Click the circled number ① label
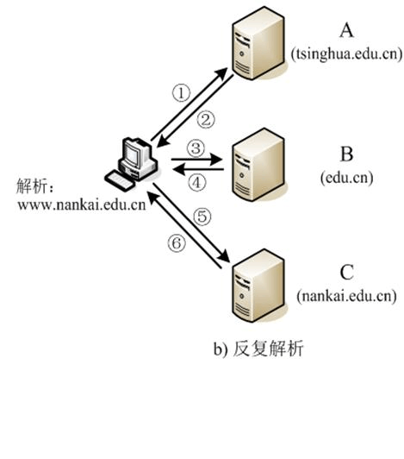coord(181,93)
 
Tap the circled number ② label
coord(206,120)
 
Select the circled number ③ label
coord(196,148)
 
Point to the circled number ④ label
coord(196,183)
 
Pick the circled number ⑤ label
coord(202,217)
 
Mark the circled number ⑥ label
coord(177,243)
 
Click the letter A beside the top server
coord(346,30)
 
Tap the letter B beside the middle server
coord(346,154)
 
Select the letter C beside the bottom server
coord(346,272)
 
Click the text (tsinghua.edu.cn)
coord(346,54)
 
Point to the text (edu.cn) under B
coord(346,178)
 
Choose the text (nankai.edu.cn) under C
coord(346,296)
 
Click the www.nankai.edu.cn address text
coord(82,204)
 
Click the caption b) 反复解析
coord(258,349)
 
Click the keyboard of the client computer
coord(120,181)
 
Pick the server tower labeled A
coord(258,43)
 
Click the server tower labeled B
coord(258,165)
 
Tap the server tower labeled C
coord(258,286)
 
